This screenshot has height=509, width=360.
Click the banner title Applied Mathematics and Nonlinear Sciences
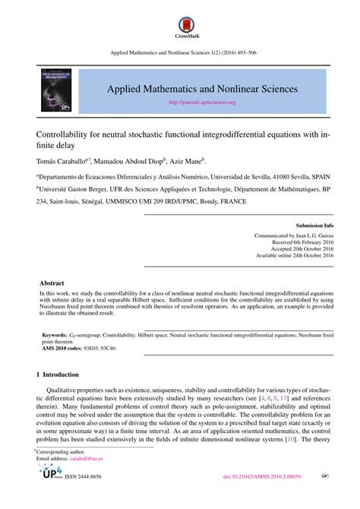(201, 89)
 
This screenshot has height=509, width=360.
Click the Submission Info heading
(314, 226)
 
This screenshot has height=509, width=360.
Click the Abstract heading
(52, 282)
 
